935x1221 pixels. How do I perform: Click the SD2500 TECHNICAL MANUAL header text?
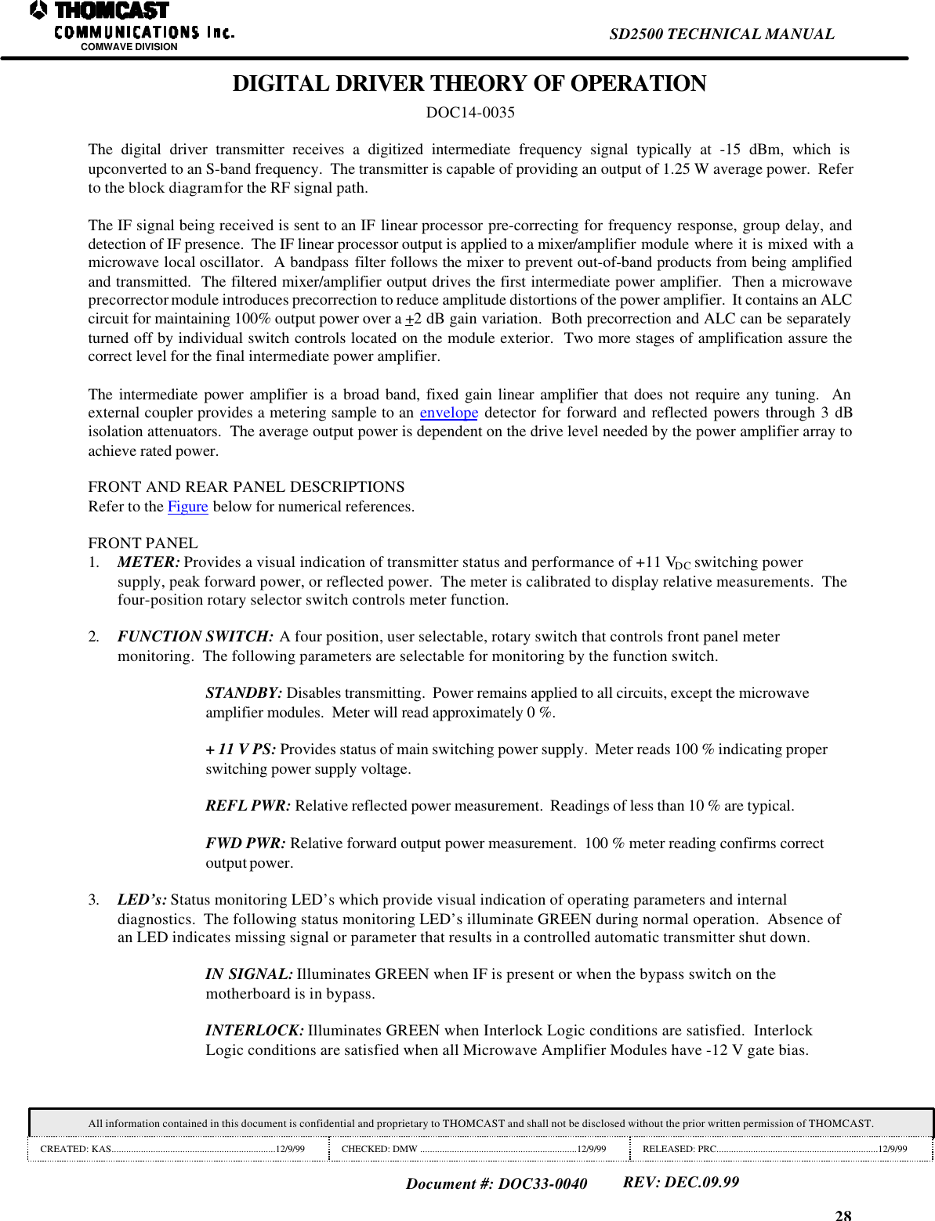(721, 34)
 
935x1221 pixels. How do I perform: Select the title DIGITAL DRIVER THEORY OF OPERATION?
(469, 84)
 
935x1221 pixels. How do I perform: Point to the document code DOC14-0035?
(469, 113)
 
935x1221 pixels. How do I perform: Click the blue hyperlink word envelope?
(448, 413)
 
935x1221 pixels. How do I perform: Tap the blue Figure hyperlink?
(187, 507)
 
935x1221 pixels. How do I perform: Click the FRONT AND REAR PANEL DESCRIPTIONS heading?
(246, 487)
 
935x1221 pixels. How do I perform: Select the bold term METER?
(148, 562)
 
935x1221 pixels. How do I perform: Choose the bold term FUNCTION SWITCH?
(195, 637)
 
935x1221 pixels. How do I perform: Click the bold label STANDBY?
(243, 693)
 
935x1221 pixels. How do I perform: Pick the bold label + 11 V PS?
(240, 750)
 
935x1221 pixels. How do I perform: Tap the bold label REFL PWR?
(248, 806)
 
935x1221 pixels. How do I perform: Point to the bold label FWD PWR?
(245, 844)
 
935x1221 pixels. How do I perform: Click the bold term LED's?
(142, 900)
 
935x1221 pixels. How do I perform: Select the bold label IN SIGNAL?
(248, 974)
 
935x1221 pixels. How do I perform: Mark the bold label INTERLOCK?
(254, 1031)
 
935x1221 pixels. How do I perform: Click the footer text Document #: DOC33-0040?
(496, 1183)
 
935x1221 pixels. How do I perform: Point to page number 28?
(843, 1215)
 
